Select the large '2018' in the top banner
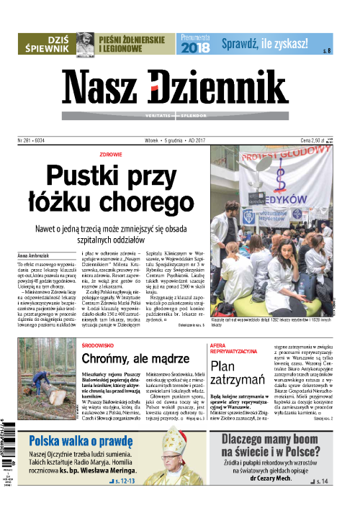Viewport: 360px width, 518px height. click(x=194, y=48)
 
